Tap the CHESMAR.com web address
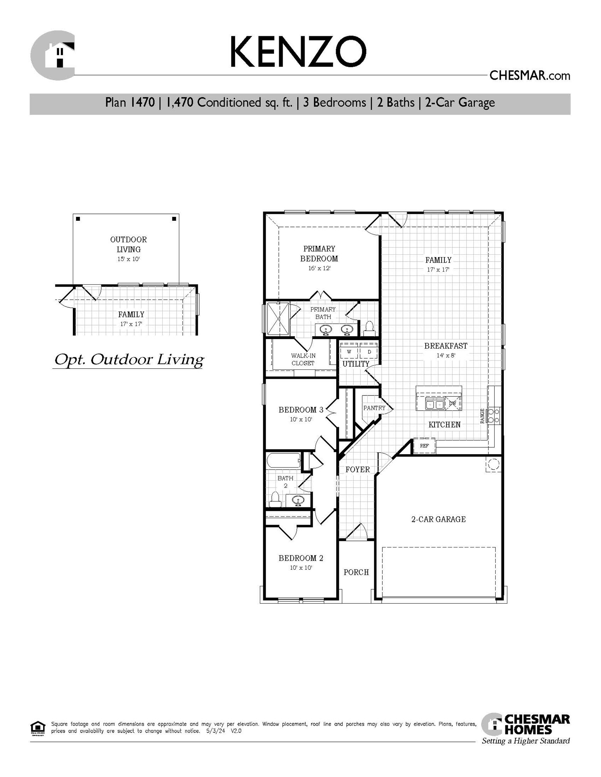coord(529,76)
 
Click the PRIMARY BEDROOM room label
coord(319,253)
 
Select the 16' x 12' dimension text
coord(319,268)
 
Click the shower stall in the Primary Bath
coord(278,319)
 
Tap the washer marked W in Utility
coord(349,351)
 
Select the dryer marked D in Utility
coord(369,351)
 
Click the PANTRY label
coord(374,408)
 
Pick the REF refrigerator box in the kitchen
coord(424,445)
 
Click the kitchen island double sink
coord(435,404)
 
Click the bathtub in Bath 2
coord(284,460)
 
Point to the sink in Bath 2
coord(298,500)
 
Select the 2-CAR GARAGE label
coord(438,519)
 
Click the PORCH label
coord(356,572)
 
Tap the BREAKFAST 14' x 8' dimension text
coord(446,356)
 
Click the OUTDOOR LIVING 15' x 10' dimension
coord(128,259)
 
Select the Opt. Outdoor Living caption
coord(129,360)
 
